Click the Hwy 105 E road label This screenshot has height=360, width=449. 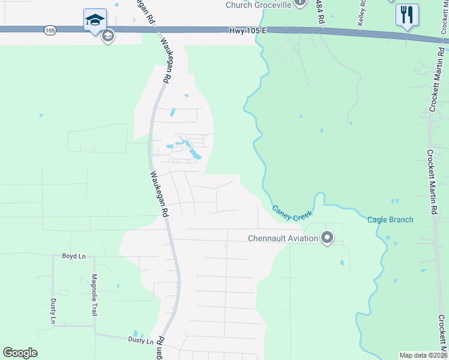[246, 30]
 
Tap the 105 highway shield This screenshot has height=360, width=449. [50, 29]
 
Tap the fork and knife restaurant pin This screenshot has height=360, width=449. [407, 15]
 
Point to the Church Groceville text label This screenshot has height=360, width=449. [258, 5]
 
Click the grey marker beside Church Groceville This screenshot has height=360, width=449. [303, 4]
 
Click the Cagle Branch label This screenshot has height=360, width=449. [390, 220]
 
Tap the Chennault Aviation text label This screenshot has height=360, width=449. [283, 238]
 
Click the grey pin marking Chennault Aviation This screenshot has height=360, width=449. [327, 238]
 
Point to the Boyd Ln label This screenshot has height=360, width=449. [74, 256]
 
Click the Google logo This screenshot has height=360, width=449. [20, 353]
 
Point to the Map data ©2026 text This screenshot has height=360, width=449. [423, 355]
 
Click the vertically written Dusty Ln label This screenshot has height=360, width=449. [53, 312]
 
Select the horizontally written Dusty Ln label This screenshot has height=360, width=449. [142, 340]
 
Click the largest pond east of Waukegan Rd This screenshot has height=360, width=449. [195, 154]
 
